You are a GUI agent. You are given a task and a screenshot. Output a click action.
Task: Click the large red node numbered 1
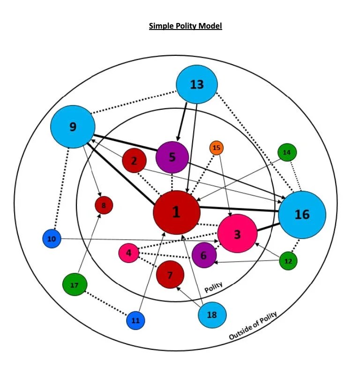click(x=177, y=212)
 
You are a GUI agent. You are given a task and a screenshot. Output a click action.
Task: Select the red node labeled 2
click(x=134, y=161)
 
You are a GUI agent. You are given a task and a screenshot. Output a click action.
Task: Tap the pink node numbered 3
click(x=237, y=233)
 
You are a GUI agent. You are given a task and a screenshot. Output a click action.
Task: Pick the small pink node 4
click(x=129, y=253)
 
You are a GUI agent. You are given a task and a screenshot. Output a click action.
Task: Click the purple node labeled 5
click(x=172, y=157)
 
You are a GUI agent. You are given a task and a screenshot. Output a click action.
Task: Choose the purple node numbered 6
click(x=204, y=256)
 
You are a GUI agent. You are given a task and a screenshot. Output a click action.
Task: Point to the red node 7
click(x=170, y=275)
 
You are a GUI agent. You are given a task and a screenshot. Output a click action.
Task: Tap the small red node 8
click(x=104, y=205)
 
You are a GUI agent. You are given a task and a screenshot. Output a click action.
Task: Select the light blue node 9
click(x=73, y=127)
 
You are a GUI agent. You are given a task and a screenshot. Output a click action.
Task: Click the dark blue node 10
click(x=52, y=239)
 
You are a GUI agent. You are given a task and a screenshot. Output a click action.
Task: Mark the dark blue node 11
click(x=135, y=321)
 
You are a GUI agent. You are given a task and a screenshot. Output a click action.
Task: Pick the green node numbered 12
click(x=288, y=261)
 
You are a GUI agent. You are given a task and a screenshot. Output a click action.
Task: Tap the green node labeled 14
click(x=287, y=152)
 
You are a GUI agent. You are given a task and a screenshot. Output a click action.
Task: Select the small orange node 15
click(x=216, y=148)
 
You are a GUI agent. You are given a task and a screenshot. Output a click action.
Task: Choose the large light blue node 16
click(x=302, y=215)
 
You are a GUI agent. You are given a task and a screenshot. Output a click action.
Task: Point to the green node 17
click(x=75, y=285)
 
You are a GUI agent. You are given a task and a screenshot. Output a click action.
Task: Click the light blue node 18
click(x=212, y=315)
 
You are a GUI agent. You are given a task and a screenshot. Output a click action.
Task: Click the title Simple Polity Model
click(x=185, y=26)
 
